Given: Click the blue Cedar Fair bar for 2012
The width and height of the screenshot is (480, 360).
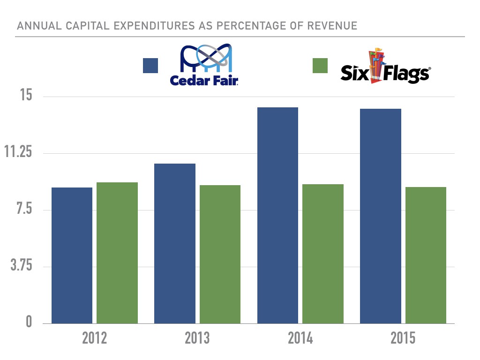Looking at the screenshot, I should [x=72, y=255].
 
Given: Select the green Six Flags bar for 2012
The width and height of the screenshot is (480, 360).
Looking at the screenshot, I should [x=117, y=253].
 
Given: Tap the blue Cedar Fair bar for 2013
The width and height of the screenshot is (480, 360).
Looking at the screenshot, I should [x=174, y=244].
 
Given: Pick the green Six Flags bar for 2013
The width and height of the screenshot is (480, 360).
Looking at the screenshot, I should [x=220, y=255].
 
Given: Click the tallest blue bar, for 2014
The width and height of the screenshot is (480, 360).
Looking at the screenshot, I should [x=277, y=216].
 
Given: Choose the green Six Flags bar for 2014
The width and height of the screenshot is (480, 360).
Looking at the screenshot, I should [x=323, y=254].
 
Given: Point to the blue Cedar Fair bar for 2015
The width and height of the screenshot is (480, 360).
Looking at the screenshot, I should [x=380, y=216].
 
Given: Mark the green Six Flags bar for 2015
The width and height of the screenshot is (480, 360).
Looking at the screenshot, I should [x=426, y=255].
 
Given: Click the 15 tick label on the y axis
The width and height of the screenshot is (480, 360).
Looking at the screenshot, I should [x=25, y=96].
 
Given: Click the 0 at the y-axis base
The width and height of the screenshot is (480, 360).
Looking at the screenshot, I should [x=29, y=323].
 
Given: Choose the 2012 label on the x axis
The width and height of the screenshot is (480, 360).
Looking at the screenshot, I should [x=94, y=338].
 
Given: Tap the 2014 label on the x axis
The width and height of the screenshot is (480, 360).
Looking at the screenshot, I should [x=300, y=338].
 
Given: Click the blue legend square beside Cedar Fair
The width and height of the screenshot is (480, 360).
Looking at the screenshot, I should [x=150, y=66].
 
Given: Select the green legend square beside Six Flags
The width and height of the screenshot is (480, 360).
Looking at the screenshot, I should [x=320, y=66].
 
